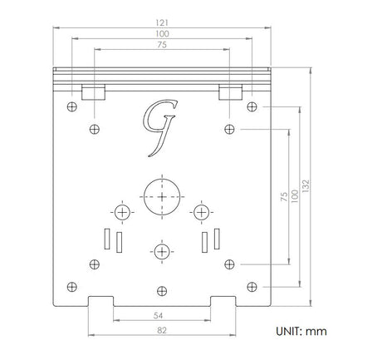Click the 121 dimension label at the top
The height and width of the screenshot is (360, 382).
click(162, 22)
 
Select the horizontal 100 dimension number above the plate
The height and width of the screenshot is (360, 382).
click(162, 34)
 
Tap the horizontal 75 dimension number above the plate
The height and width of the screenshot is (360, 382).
click(162, 45)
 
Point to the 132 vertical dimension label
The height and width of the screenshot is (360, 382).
click(306, 186)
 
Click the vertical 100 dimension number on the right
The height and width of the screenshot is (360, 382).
click(295, 196)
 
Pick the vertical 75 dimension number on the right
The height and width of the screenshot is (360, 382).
click(284, 196)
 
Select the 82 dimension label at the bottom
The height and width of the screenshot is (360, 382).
click(162, 330)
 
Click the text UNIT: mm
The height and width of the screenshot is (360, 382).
click(301, 332)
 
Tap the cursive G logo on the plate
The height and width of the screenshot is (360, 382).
click(159, 128)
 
